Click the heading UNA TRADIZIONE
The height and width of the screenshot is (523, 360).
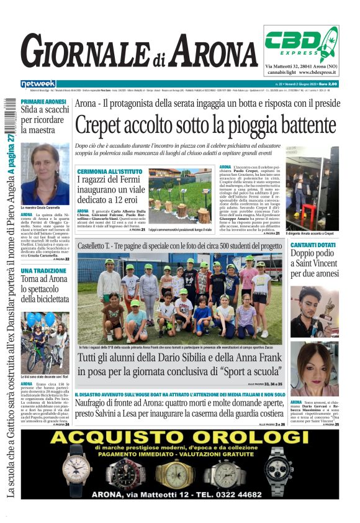tap(42, 271)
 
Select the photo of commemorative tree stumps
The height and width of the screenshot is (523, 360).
tap(181, 197)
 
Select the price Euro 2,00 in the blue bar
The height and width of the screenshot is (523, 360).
tap(326, 84)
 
